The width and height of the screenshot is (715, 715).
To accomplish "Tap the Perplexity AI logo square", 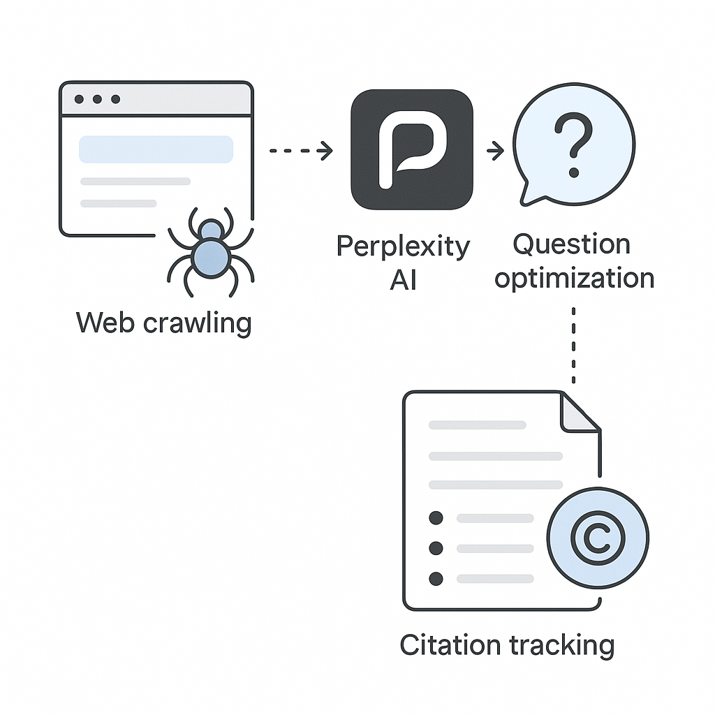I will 412,149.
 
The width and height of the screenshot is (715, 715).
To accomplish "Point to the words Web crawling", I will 163,323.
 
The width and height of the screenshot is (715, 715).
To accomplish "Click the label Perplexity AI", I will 404,263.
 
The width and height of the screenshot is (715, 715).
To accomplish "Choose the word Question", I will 571,244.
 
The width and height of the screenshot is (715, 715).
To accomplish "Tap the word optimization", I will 574,278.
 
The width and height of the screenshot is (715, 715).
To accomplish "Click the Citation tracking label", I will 507,644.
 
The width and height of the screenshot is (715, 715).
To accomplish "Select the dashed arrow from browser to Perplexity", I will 301,150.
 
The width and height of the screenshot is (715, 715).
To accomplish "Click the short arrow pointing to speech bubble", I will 496,151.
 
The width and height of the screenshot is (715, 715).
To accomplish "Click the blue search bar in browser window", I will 156,149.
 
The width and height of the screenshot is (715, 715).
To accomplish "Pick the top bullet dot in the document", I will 436,518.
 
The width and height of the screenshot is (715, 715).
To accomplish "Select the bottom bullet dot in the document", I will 436,578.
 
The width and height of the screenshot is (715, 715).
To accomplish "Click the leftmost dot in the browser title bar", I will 80,99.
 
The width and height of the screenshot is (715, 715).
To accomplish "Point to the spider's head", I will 212,230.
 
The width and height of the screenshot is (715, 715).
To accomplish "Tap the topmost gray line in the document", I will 478,425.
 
